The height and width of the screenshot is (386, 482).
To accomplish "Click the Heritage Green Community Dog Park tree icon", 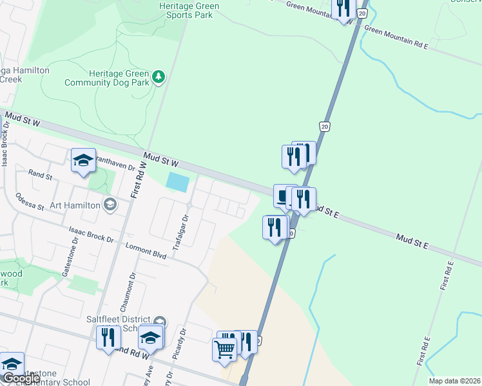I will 159,78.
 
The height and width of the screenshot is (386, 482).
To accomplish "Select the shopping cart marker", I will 224,350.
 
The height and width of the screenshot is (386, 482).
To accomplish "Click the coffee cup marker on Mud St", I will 283,196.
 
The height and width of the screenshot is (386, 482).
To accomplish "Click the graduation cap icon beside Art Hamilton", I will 110,205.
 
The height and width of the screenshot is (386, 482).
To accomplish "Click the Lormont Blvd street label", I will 146,251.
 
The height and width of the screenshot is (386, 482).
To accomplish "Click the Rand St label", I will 40,174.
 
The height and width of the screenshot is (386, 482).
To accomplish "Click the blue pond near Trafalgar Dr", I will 177,181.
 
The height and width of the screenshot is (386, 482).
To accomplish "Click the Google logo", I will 21,378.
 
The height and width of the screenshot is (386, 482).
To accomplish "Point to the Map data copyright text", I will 454,381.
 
